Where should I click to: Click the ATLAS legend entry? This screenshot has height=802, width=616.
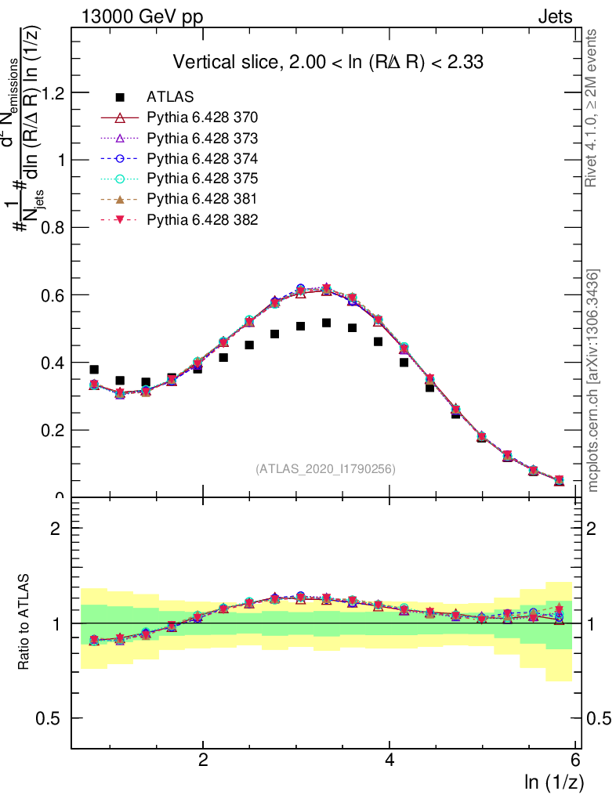[x=170, y=97]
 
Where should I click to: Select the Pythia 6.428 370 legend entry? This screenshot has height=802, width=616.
[x=202, y=117]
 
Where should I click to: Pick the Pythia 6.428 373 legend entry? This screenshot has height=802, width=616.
[x=202, y=138]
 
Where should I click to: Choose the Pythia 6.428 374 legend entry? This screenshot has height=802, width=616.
[x=202, y=158]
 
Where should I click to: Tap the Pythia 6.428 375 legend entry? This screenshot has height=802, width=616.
[x=202, y=179]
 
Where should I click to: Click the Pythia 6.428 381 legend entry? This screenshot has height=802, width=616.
[x=202, y=199]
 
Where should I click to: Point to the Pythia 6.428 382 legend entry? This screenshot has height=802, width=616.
[x=202, y=219]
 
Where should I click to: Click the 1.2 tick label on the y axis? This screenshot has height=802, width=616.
[x=52, y=92]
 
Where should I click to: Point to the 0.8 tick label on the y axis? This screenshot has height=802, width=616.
[x=52, y=227]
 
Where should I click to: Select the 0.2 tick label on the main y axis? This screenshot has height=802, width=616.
[x=52, y=430]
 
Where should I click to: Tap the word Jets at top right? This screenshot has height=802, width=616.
[x=555, y=16]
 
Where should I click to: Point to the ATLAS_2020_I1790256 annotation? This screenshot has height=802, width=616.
[x=324, y=469]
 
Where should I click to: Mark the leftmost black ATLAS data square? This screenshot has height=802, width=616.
[x=94, y=370]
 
